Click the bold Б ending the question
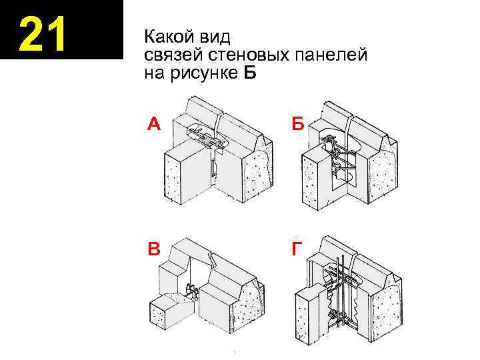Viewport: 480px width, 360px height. pyautogui.click(x=249, y=73)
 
